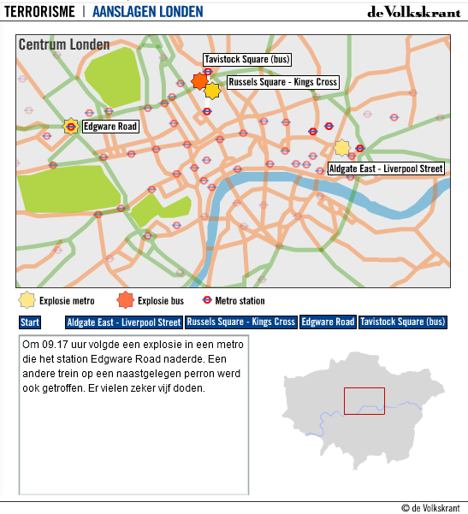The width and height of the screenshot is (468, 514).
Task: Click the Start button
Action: pos(30,322)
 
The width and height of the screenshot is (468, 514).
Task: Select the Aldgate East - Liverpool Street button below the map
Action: pos(124,322)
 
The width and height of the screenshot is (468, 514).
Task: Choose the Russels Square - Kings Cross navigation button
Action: pos(241,322)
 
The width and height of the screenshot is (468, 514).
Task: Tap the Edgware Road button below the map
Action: pos(328,322)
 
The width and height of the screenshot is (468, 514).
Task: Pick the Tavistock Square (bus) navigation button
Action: pos(403,322)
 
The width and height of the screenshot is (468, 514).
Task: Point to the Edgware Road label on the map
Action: pos(110,127)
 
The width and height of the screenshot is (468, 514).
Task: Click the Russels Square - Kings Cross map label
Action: pos(282,82)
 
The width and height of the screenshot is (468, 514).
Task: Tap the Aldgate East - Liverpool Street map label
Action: pos(386,169)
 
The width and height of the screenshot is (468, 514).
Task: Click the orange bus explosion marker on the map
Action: pos(199,81)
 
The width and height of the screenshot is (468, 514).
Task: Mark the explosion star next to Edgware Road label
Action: pos(70,127)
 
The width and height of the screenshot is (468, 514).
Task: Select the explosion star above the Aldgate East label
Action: pos(342,148)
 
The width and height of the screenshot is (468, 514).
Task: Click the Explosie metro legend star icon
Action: pos(27,300)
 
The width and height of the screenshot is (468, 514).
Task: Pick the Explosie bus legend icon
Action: pos(126,300)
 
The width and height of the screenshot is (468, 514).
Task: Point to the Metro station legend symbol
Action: pos(206,300)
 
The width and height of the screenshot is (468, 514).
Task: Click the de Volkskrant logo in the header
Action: pos(413,12)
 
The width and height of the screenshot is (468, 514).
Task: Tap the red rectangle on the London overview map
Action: pos(364,401)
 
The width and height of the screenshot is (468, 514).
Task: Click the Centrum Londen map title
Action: pos(64,44)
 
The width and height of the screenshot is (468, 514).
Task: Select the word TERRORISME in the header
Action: pos(39,12)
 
